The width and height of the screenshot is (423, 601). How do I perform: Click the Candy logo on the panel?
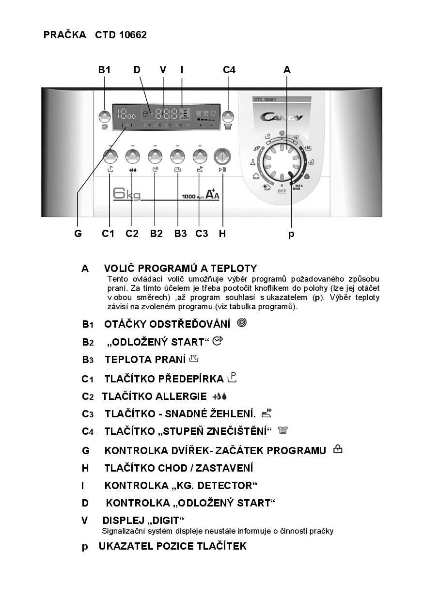click(282, 117)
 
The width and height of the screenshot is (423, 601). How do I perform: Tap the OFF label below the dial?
click(282, 191)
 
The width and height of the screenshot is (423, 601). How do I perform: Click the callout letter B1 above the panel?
click(105, 70)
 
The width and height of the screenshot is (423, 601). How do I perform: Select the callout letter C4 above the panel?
click(229, 70)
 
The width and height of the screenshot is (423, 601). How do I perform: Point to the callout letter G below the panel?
click(78, 234)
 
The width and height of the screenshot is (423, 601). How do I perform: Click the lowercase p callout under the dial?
click(291, 234)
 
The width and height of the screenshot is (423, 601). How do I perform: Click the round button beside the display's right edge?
click(228, 116)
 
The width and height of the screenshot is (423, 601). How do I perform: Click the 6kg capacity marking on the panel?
click(126, 194)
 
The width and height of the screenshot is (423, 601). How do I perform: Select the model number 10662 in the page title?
click(133, 35)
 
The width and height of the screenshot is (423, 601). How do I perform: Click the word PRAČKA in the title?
click(64, 35)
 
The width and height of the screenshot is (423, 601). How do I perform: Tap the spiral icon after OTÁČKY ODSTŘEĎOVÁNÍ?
click(241, 323)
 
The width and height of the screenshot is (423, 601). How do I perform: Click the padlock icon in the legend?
click(338, 449)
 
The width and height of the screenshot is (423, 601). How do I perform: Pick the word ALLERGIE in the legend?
click(181, 396)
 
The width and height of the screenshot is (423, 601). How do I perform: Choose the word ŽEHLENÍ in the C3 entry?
click(232, 414)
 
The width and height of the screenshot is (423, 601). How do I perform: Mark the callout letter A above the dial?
click(287, 70)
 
